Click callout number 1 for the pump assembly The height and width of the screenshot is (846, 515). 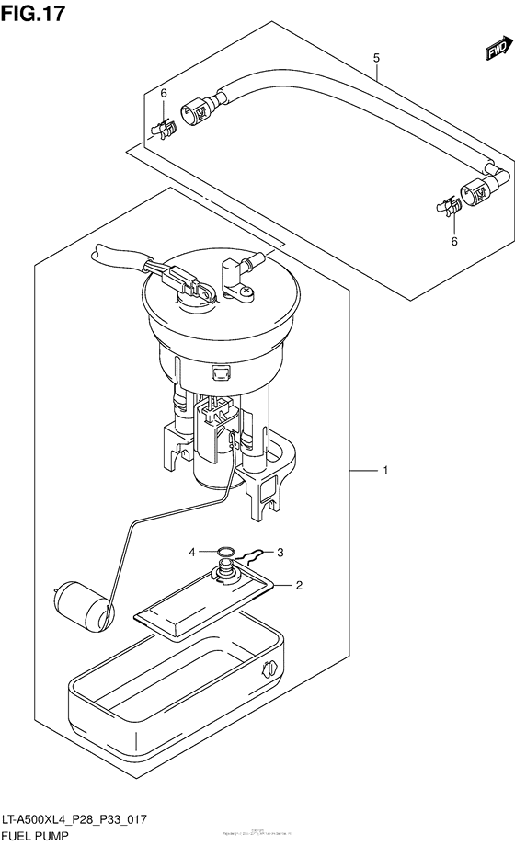[385, 471]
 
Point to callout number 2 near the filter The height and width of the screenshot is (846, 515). [299, 584]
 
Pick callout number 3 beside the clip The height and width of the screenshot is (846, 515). [280, 552]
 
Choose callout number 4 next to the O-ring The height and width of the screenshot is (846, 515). [193, 552]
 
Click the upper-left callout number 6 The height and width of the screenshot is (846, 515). [164, 94]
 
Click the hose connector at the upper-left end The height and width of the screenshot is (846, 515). [200, 113]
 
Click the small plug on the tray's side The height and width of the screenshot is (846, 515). [269, 669]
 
